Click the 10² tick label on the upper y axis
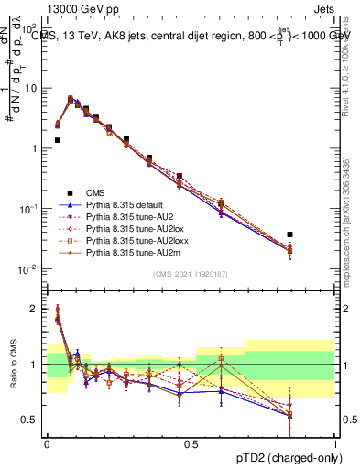coord(29,28)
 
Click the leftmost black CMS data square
coord(58,140)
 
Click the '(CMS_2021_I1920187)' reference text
coord(191,274)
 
